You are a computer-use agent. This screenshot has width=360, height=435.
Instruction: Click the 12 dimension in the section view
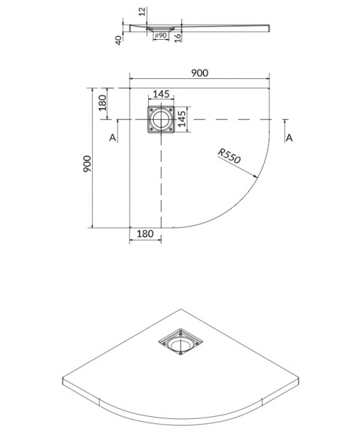click(142, 12)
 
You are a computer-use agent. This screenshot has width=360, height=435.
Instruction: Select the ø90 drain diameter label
click(162, 36)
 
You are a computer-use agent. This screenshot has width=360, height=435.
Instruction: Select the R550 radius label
click(229, 156)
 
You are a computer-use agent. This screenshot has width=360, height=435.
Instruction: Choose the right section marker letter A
click(289, 138)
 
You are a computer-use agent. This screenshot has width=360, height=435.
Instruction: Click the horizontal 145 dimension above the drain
click(162, 94)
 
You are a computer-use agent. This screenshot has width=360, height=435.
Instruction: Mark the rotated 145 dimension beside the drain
click(184, 119)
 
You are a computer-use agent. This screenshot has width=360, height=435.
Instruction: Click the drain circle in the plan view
click(162, 119)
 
